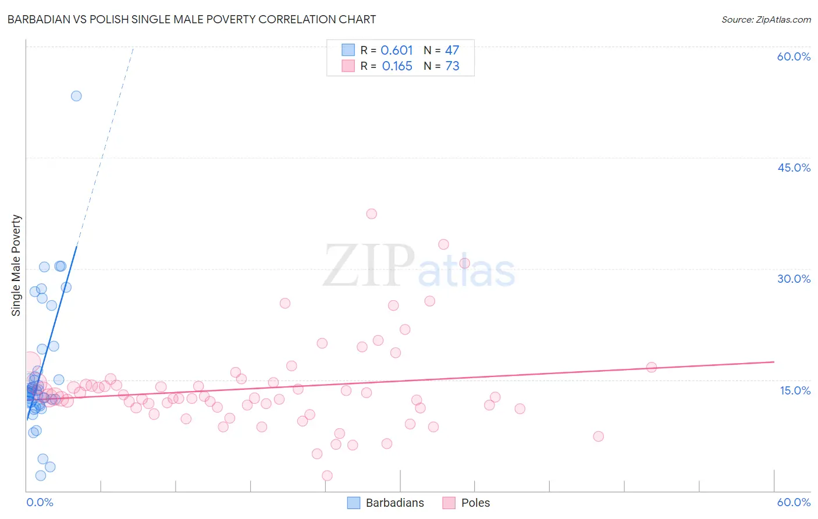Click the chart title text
[x=191, y=19]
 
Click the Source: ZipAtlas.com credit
[x=766, y=19]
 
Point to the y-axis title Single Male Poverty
[x=16, y=265]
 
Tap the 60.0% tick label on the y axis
[x=794, y=56]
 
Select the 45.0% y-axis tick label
[x=794, y=168]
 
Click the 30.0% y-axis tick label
[x=794, y=279]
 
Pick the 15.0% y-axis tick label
[x=795, y=390]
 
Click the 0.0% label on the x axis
[x=40, y=502]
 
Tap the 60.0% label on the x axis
[x=794, y=502]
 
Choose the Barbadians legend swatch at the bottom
[x=354, y=503]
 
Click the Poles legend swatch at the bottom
[x=449, y=503]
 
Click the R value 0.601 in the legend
[x=397, y=51]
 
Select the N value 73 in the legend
[x=452, y=66]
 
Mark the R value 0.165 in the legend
[x=397, y=66]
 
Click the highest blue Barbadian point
[x=76, y=96]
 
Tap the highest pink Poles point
[x=372, y=214]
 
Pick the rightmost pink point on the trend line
[x=652, y=367]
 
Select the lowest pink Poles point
[x=327, y=476]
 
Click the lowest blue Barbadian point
[x=41, y=476]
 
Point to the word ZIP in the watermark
[x=369, y=266]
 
